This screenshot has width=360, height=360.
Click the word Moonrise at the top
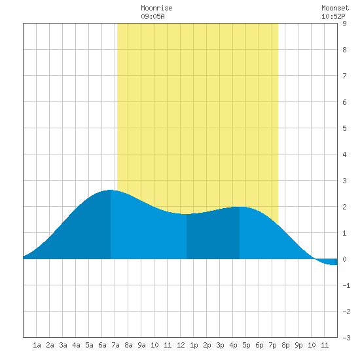[156, 8]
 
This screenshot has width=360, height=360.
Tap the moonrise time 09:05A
[153, 16]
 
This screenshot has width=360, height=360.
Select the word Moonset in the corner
[335, 8]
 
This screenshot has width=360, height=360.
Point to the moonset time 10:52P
[333, 16]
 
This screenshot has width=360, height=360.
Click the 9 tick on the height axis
[344, 24]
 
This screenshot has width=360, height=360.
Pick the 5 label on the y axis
[344, 128]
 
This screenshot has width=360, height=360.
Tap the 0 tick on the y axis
[344, 259]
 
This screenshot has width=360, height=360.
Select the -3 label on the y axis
[346, 338]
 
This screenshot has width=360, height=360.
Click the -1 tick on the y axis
[346, 285]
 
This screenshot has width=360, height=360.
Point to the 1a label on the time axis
[37, 345]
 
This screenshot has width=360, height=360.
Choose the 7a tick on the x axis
[115, 345]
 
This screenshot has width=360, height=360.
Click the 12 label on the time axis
[181, 345]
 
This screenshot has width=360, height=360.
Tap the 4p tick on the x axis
[233, 345]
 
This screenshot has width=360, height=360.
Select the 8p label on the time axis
[285, 345]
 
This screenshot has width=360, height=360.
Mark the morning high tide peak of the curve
[111, 190]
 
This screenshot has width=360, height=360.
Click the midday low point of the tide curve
[186, 214]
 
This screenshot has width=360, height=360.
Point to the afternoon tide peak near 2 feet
[240, 207]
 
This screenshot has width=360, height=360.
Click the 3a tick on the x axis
[63, 345]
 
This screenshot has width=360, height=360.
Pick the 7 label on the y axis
[344, 76]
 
